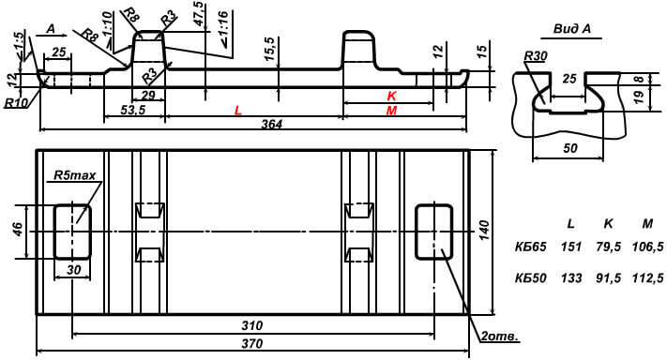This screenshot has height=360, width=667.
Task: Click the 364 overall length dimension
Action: click(x=271, y=124)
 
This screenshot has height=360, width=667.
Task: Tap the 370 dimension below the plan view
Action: click(x=251, y=344)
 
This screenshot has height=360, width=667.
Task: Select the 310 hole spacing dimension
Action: click(x=251, y=326)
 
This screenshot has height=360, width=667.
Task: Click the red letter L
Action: click(x=238, y=111)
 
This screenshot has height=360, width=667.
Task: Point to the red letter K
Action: click(x=391, y=96)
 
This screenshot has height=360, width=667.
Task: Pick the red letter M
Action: click(x=391, y=111)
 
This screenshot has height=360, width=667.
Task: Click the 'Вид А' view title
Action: click(x=572, y=29)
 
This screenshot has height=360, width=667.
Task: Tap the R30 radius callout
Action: click(x=536, y=56)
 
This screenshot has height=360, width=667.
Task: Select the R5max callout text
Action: click(x=74, y=175)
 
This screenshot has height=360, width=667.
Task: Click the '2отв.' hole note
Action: click(x=500, y=337)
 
